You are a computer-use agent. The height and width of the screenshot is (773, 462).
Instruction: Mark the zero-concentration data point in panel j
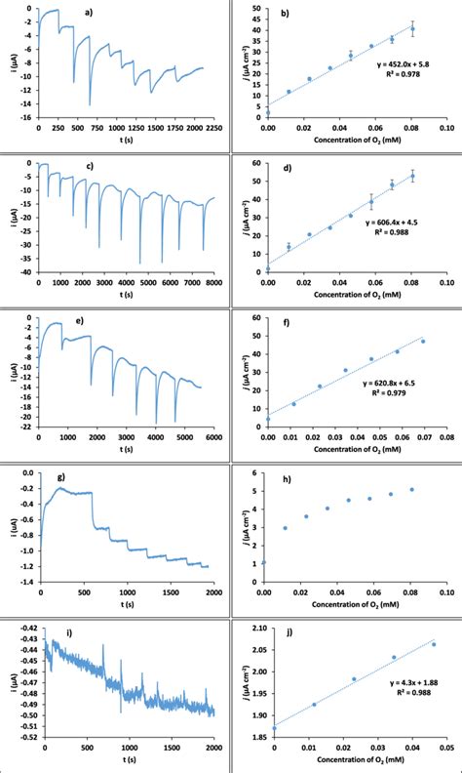click(274, 727)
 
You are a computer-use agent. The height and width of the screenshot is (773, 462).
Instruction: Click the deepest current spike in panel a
click(90, 103)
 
